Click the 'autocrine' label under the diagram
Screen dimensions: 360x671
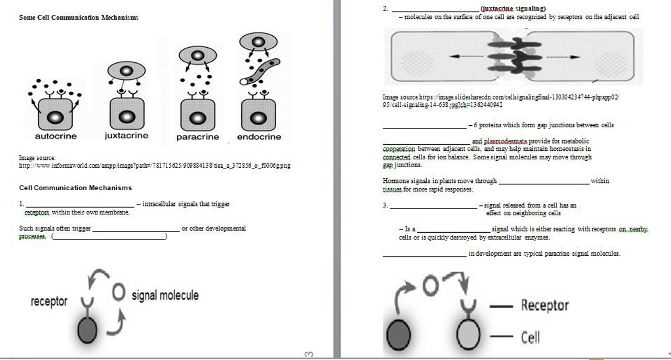coord(56,136)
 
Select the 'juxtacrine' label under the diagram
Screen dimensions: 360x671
coord(126,136)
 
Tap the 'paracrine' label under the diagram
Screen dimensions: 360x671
coord(197,137)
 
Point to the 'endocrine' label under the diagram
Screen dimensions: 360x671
coord(259,137)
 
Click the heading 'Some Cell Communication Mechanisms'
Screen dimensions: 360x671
coord(79,17)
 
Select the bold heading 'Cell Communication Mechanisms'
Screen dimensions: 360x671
coord(75,188)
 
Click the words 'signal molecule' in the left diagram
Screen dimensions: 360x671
coord(165,296)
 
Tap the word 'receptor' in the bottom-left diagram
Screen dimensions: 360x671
coord(49,302)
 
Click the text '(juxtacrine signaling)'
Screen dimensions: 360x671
coord(513,8)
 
